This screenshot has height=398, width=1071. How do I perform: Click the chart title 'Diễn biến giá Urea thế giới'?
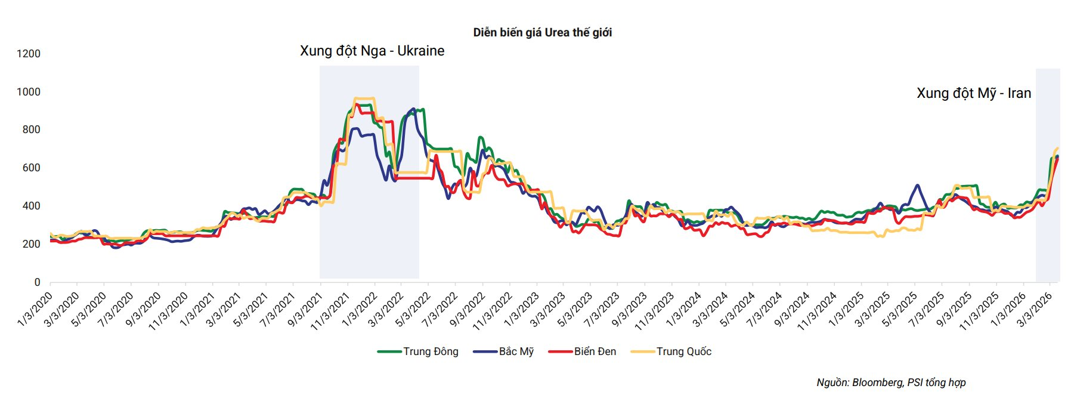[542, 33]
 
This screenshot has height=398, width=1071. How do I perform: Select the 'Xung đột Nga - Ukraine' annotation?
[372, 51]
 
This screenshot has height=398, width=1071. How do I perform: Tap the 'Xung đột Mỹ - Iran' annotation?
[973, 94]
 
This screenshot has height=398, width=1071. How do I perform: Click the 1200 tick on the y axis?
[29, 54]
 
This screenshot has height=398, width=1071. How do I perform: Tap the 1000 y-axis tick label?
[29, 92]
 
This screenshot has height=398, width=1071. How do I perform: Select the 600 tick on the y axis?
[31, 168]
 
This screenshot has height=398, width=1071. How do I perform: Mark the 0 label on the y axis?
[37, 282]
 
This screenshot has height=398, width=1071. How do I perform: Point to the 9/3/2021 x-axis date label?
[305, 308]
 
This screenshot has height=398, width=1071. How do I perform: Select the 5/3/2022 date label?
[413, 308]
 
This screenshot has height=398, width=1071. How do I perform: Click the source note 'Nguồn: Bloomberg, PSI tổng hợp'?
[891, 382]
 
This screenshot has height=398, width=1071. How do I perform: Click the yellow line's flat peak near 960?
[364, 98]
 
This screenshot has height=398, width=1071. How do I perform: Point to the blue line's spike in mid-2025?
[917, 186]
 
